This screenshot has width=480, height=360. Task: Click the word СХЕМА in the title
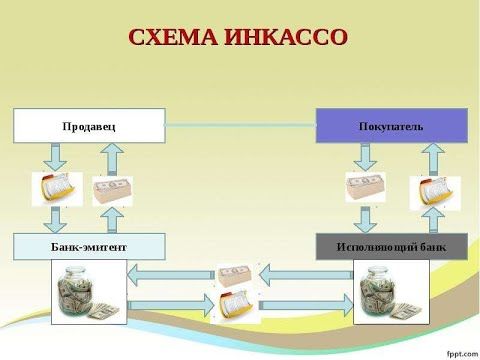tap(177, 38)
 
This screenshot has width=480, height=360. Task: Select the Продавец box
tap(88, 125)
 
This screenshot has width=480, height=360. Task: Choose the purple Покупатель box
tap(391, 126)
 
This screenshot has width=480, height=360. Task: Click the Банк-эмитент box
tap(88, 246)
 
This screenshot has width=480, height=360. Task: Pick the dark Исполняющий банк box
tap(391, 246)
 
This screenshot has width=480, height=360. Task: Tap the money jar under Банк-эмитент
tap(89, 291)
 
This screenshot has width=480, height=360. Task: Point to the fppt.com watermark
tap(456, 350)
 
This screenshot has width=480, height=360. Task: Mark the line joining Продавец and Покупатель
tap(240, 125)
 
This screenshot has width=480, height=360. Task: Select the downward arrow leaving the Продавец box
tap(56, 156)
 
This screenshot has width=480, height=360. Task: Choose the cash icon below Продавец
tap(112, 190)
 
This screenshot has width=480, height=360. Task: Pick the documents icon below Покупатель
tap(435, 192)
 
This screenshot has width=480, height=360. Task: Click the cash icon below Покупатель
tap(366, 188)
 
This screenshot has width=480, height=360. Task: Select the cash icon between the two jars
tap(238, 274)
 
